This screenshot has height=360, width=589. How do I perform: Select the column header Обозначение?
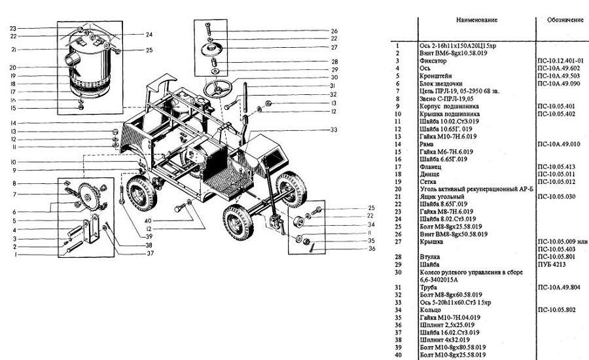[x=565, y=20]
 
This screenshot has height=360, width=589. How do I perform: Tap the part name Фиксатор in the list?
[x=434, y=60]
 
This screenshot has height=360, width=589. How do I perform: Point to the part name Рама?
[x=427, y=143]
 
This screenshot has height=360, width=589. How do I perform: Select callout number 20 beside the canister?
[x=12, y=67]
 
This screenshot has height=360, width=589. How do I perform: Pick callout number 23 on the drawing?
[x=12, y=29]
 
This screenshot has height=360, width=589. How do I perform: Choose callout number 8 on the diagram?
[x=12, y=184]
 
